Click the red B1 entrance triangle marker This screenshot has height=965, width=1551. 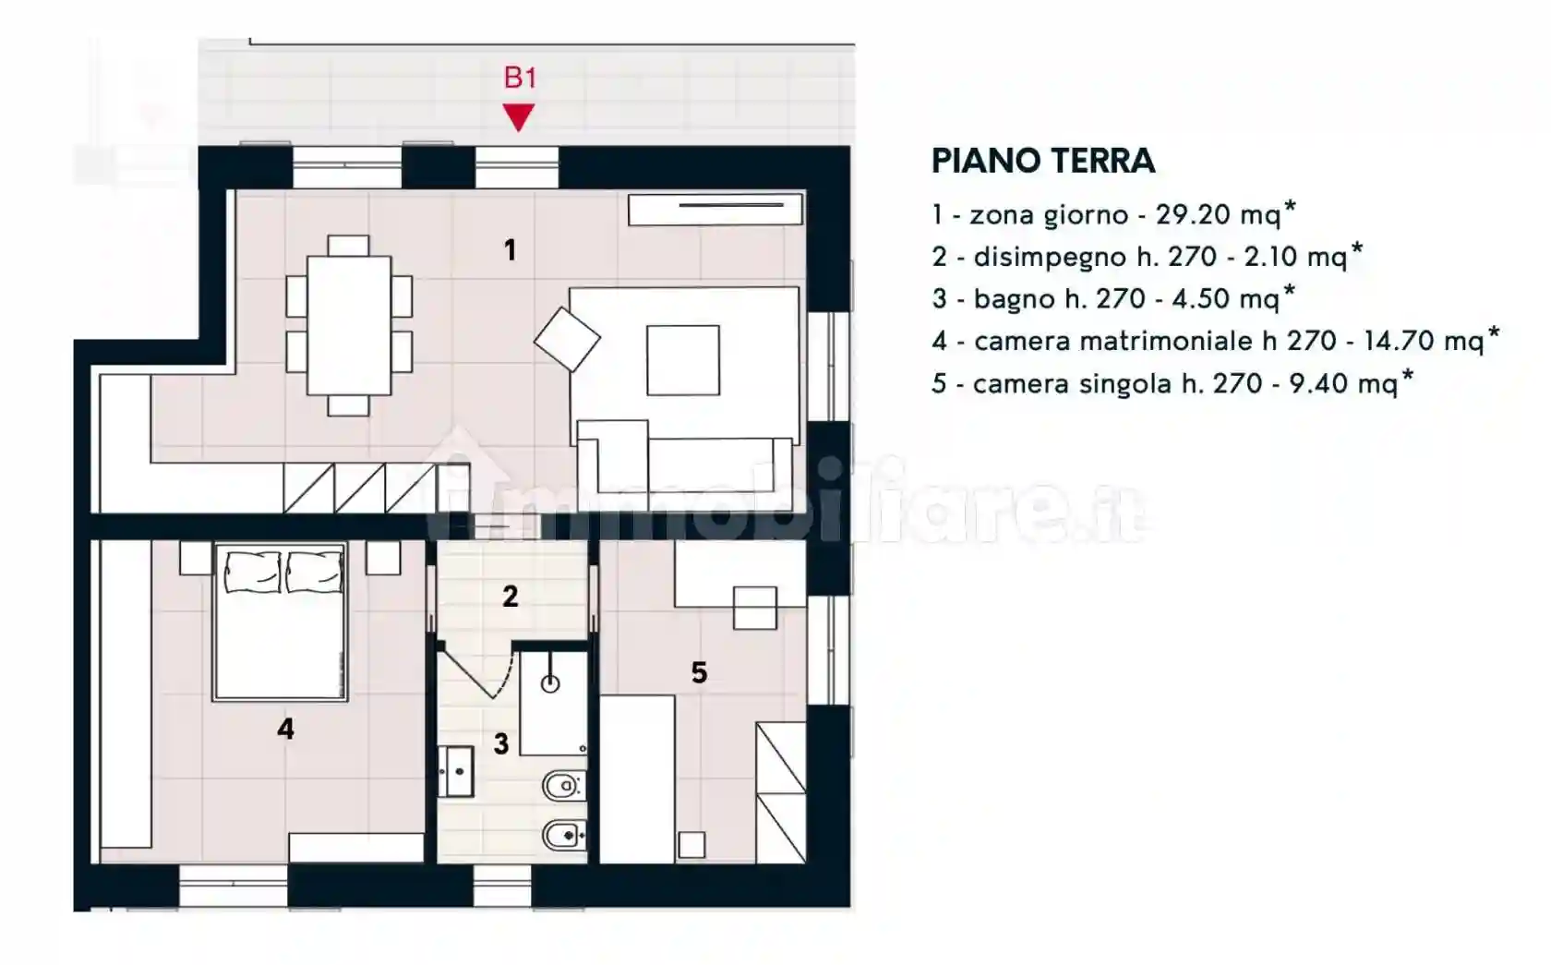519,116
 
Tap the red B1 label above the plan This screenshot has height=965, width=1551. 520,78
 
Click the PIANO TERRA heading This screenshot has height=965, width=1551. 1043,161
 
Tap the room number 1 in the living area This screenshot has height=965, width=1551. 510,250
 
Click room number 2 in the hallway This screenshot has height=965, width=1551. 511,597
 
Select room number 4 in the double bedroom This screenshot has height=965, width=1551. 285,730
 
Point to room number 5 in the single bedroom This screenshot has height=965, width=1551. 699,673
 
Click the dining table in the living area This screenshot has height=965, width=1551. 349,325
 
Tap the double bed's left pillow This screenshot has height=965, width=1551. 251,573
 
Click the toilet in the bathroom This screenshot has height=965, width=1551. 560,787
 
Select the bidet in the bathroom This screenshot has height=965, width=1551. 560,838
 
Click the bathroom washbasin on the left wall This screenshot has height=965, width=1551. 455,771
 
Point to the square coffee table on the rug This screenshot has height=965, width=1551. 683,360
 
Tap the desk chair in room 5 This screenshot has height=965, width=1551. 754,608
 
